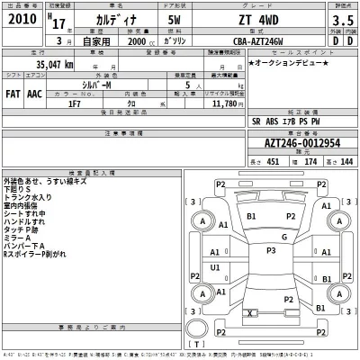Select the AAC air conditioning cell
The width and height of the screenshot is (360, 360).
tap(35, 92)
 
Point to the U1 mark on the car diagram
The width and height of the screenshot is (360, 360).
tap(216, 267)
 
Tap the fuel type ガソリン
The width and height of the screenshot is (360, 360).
tap(180, 42)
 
